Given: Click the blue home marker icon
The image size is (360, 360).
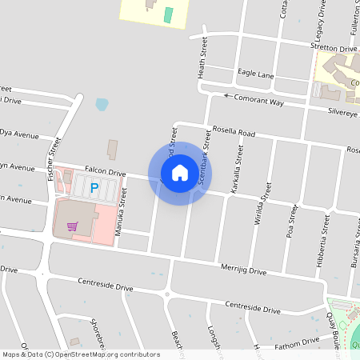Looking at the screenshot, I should (x=180, y=172).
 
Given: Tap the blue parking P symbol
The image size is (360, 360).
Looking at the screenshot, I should (x=94, y=189).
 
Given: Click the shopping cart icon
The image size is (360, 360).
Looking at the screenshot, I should (x=73, y=226).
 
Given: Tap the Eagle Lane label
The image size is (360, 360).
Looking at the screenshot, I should (x=256, y=74).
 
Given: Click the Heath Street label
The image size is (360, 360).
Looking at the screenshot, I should (x=203, y=57).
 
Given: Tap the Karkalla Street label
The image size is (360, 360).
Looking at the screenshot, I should (x=238, y=165).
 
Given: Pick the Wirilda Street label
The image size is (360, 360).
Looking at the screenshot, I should (x=262, y=205).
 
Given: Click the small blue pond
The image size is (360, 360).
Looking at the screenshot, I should (x=102, y=104).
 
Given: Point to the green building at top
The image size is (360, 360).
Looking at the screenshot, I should (x=168, y=14).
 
